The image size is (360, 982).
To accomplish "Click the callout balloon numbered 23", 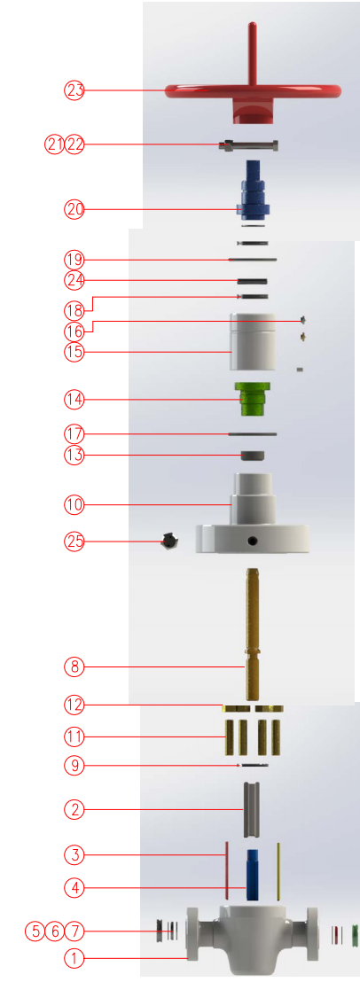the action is (x=74, y=90).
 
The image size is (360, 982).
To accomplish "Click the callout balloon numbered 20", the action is (x=74, y=209).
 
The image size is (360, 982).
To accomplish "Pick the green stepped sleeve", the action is (x=253, y=398).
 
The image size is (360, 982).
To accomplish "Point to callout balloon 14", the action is (x=74, y=398).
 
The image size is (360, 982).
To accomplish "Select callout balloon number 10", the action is (x=74, y=504).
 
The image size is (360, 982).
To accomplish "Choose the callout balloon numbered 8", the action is (x=74, y=667).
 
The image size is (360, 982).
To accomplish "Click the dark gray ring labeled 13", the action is (x=253, y=456).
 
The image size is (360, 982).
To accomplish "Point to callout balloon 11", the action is (x=74, y=736).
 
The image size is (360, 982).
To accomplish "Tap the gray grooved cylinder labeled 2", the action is (x=251, y=809).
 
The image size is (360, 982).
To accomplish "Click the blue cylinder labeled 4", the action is (x=253, y=874).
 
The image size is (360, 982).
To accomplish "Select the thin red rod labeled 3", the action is (x=225, y=869).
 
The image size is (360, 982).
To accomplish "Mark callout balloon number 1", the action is (x=74, y=957).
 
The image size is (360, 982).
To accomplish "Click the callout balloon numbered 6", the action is (x=54, y=931).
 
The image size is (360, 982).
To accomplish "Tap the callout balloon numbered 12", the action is (x=74, y=705).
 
